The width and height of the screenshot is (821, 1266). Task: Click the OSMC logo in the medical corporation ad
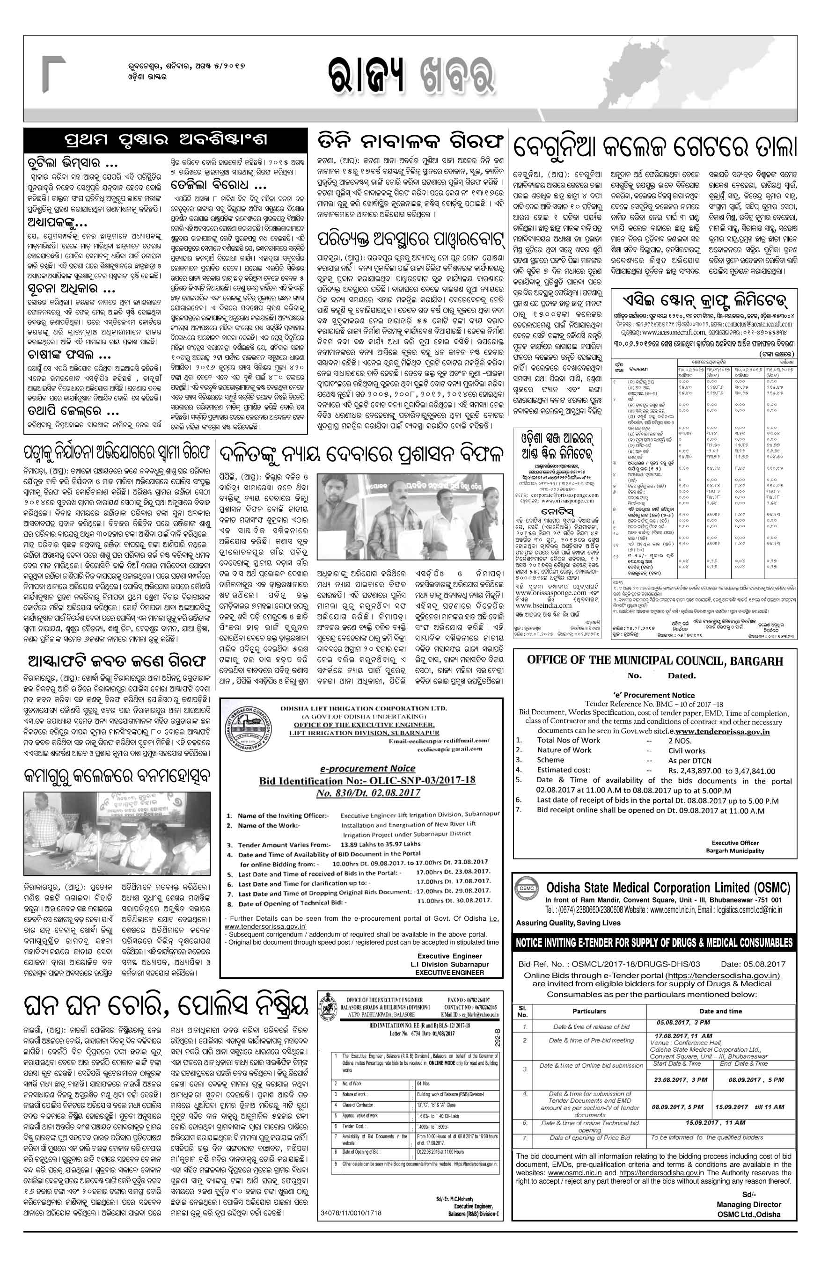click(526, 887)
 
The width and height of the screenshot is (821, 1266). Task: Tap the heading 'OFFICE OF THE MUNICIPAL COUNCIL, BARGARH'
click(654, 661)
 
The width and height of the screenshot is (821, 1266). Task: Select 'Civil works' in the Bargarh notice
click(686, 750)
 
